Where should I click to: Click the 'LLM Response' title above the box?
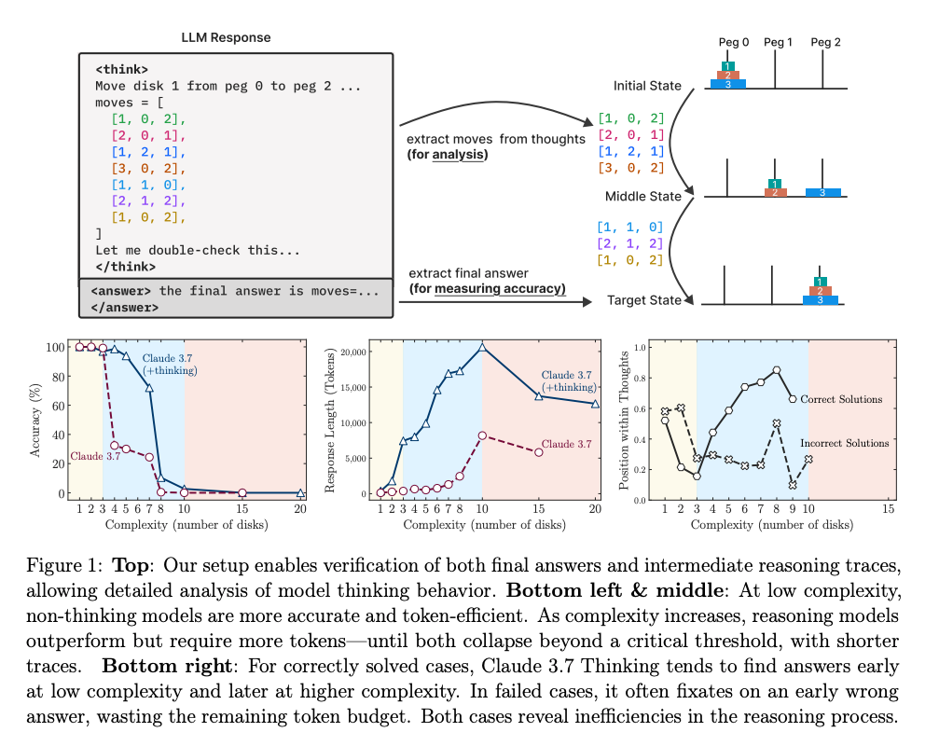point(226,37)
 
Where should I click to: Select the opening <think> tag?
point(121,69)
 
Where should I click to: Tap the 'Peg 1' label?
point(778,42)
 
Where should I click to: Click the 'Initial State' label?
point(647,86)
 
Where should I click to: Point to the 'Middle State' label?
point(643,197)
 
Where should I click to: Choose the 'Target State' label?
point(644,300)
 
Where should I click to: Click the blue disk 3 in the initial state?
point(727,85)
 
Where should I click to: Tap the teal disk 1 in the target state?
point(820,282)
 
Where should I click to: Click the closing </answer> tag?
point(125,308)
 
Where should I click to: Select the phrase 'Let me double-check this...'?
point(198,250)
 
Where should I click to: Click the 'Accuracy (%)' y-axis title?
point(35,421)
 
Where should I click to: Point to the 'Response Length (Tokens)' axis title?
point(329,421)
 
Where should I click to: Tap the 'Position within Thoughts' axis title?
point(624,421)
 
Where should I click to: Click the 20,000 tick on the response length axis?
point(353,352)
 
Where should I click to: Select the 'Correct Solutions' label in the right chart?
point(841,399)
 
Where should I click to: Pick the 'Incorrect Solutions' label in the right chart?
point(845,443)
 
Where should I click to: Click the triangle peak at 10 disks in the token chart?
point(482,347)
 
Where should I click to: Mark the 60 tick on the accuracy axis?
point(59,406)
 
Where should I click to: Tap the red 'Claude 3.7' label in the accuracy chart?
point(95,456)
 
